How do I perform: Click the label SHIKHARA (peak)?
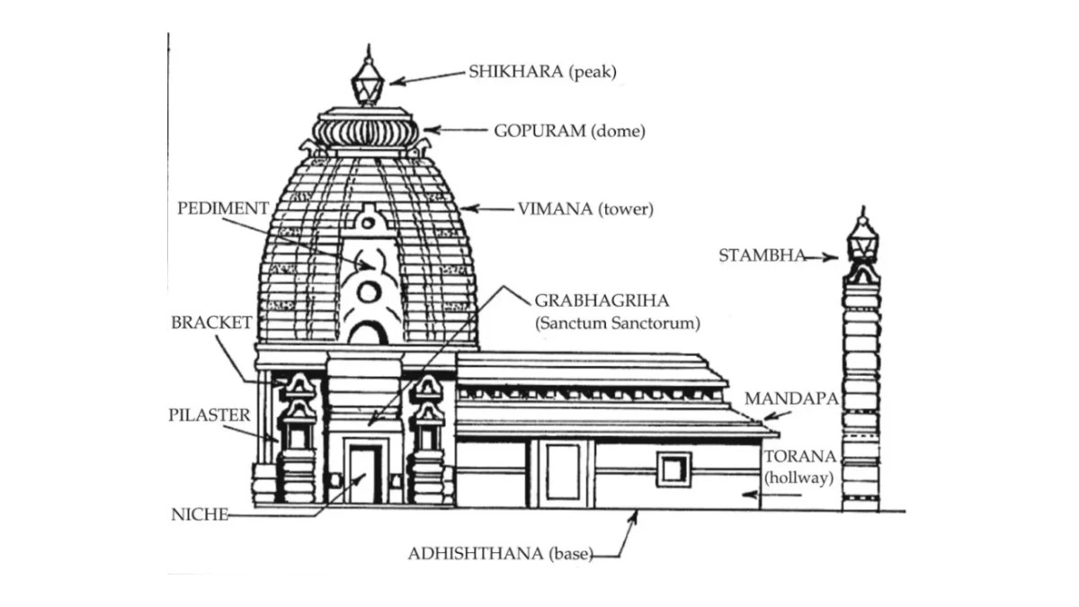click(x=542, y=73)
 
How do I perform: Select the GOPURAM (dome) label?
click(x=569, y=130)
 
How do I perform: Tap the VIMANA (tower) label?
click(x=585, y=210)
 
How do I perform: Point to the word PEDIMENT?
click(x=223, y=209)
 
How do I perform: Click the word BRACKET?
click(x=211, y=323)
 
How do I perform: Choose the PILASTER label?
click(x=209, y=415)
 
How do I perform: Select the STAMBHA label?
click(x=762, y=255)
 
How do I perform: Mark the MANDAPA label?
click(x=790, y=397)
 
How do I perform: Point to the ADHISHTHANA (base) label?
click(x=500, y=554)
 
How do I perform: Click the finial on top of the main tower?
click(x=367, y=78)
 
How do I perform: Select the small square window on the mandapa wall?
click(x=673, y=469)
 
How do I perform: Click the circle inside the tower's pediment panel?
click(x=368, y=291)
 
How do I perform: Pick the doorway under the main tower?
click(x=364, y=474)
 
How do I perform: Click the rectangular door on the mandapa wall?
click(x=563, y=472)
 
